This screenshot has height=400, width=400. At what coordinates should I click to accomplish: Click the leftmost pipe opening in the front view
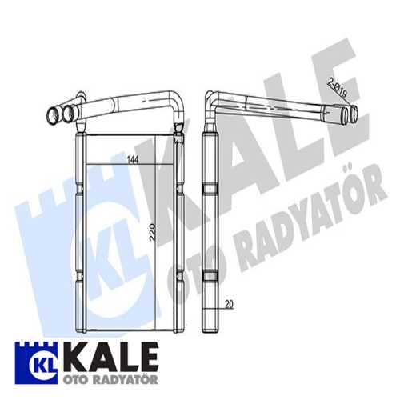click(54, 117)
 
